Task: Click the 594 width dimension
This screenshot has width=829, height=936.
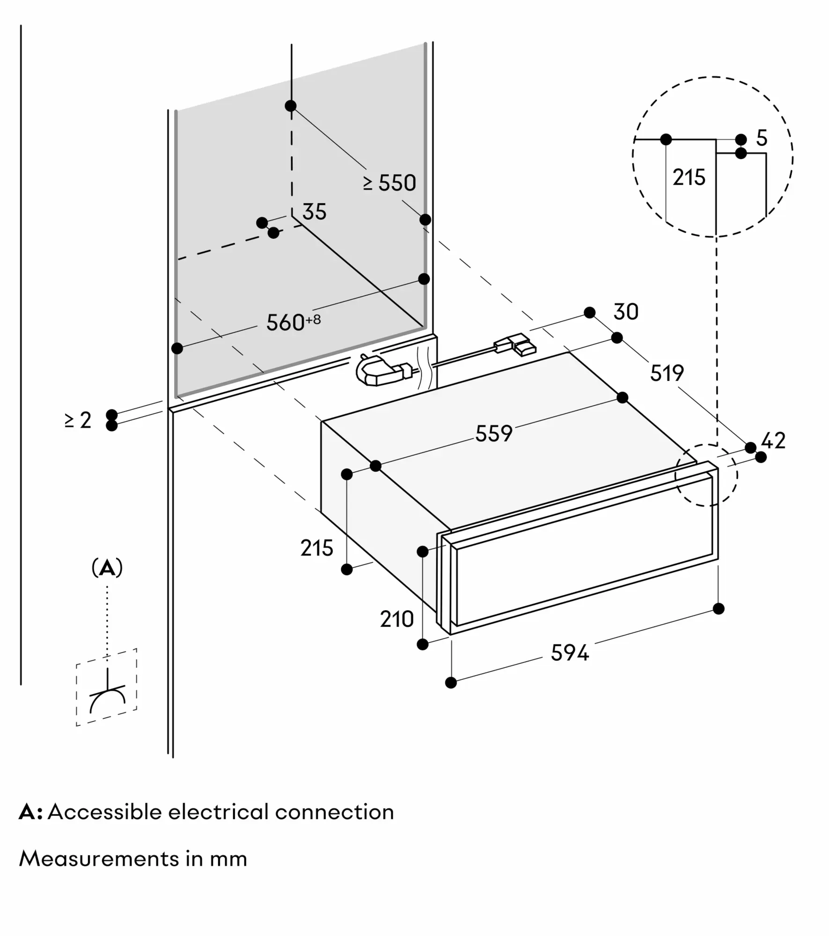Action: (569, 652)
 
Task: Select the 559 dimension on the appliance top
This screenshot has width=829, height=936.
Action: (493, 433)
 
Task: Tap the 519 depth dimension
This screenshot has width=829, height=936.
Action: (667, 373)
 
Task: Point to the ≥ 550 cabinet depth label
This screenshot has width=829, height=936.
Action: (389, 183)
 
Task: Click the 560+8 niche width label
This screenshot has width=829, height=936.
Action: (293, 322)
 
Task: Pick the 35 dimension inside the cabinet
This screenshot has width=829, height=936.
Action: (314, 212)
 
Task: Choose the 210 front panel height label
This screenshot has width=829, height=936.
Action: (396, 619)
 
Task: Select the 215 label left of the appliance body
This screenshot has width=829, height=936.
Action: (316, 548)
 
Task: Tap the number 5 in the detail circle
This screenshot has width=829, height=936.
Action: (762, 139)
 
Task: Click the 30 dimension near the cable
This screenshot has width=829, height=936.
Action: (626, 312)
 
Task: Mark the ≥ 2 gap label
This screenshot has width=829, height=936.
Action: (78, 420)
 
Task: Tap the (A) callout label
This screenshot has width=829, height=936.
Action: (107, 568)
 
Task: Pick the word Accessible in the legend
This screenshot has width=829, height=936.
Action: (103, 812)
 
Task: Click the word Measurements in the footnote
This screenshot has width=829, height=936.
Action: (98, 859)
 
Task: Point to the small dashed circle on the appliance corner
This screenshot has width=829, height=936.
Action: (706, 475)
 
